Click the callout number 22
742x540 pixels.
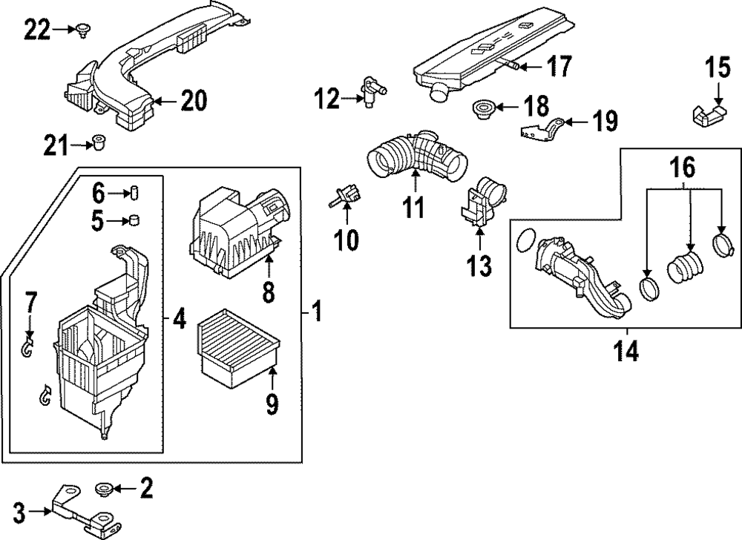coord(37,30)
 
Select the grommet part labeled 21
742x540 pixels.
coord(97,141)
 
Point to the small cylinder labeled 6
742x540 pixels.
coord(136,194)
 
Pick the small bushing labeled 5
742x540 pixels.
coord(136,220)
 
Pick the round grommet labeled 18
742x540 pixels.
coord(482,111)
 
